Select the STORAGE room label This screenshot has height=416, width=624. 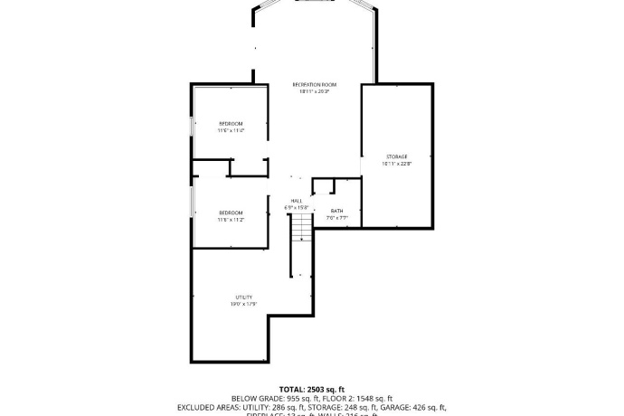(x=397, y=156)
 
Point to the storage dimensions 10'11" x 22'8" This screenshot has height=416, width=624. (x=397, y=164)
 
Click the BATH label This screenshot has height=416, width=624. (x=336, y=211)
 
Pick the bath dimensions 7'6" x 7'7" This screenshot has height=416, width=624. (x=336, y=218)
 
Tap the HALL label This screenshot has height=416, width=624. (x=297, y=200)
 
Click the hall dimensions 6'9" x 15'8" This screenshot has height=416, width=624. (x=297, y=207)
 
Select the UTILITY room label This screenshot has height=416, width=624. (x=244, y=297)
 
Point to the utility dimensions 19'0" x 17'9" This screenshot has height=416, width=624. (x=244, y=304)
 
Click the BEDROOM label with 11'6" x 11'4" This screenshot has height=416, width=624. (x=231, y=123)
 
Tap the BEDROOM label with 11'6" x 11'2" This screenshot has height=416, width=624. (x=231, y=213)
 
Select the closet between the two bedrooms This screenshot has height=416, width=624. (x=248, y=167)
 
